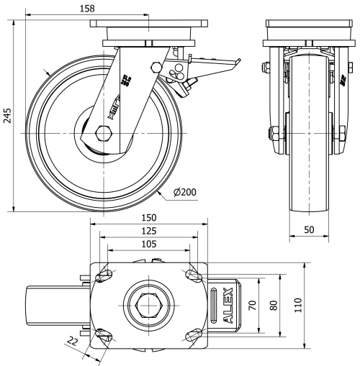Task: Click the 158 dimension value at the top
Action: [89, 8]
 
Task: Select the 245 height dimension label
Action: [8, 117]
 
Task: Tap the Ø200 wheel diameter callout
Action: [186, 191]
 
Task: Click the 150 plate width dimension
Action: [149, 217]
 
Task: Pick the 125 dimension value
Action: [149, 231]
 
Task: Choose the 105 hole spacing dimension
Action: [149, 244]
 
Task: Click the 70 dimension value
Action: [253, 305]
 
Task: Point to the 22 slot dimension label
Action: [71, 342]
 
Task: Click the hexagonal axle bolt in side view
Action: [102, 134]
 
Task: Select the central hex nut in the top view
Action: [148, 305]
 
